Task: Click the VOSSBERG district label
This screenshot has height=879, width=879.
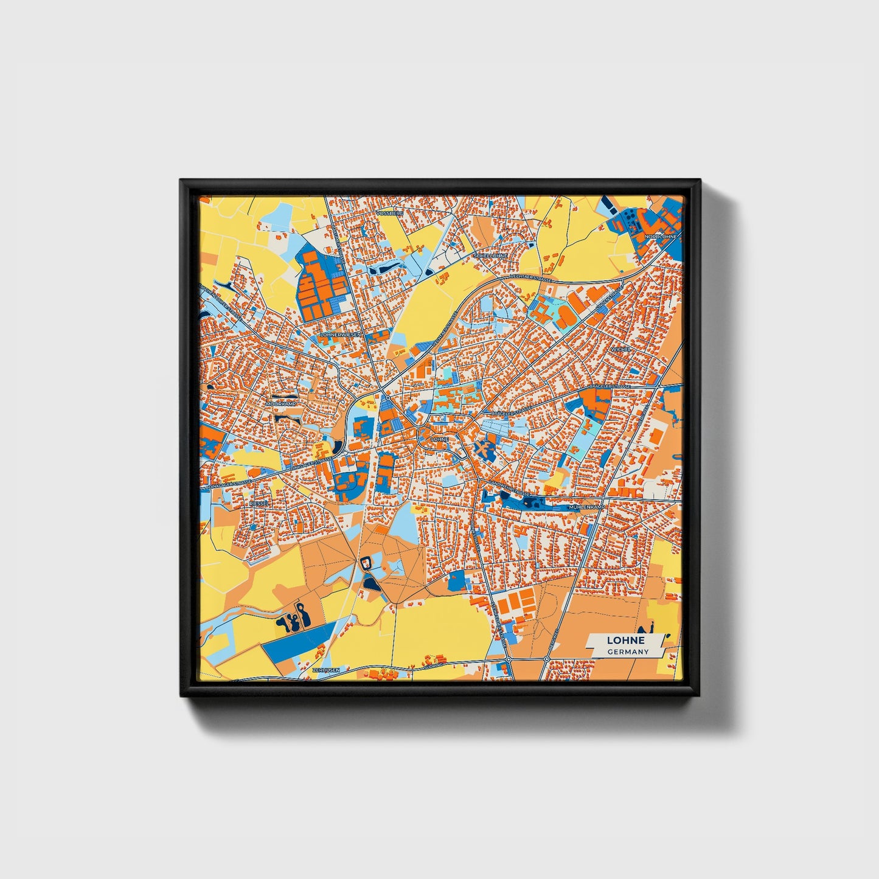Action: [389, 214]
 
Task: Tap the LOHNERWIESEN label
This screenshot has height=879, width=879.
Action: [341, 335]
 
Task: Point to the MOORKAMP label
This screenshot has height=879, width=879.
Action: [280, 403]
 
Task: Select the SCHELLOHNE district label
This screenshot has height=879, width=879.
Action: [490, 256]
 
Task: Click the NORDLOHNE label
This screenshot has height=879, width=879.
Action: [661, 236]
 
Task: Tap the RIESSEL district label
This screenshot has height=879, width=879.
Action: [259, 504]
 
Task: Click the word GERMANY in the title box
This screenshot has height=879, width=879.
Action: [628, 651]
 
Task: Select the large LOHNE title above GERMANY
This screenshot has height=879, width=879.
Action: [625, 640]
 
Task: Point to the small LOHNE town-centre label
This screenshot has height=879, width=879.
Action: [439, 439]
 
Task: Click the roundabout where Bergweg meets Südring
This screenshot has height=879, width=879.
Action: [547, 659]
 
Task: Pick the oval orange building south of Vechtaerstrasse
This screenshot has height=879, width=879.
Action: [564, 315]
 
